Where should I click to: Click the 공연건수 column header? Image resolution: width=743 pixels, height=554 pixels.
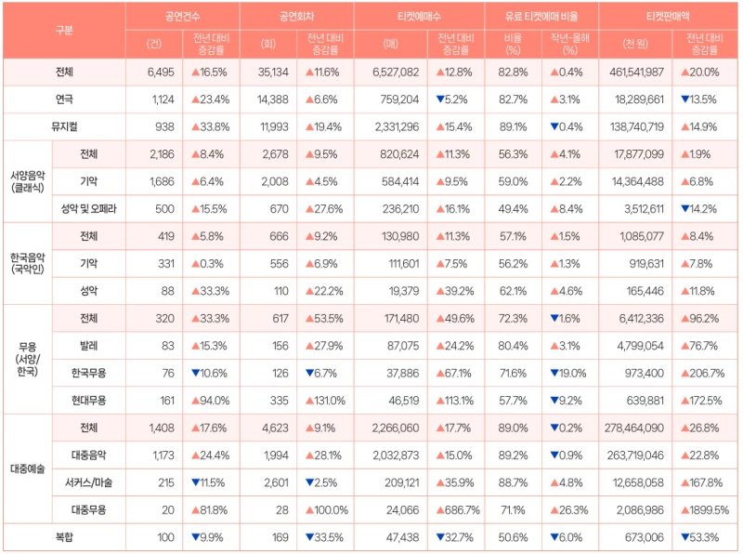tap(182, 17)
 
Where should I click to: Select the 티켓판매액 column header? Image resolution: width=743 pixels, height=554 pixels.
tap(670, 17)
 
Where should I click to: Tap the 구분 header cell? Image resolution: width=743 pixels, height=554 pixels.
tap(64, 30)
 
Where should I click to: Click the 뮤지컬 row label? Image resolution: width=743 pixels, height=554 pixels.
tap(64, 126)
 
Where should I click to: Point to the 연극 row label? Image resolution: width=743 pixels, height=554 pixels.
tap(64, 99)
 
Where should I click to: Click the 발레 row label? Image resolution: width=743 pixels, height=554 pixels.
tap(89, 346)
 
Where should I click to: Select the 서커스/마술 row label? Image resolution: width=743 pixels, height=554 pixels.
tap(89, 481)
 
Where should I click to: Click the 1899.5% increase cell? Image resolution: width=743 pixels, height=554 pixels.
tap(705, 509)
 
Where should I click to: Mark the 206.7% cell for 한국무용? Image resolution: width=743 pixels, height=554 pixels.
tap(702, 373)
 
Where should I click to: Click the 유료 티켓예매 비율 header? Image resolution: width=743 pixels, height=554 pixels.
tap(541, 17)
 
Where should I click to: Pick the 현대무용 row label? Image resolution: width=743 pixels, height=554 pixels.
tap(89, 401)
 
